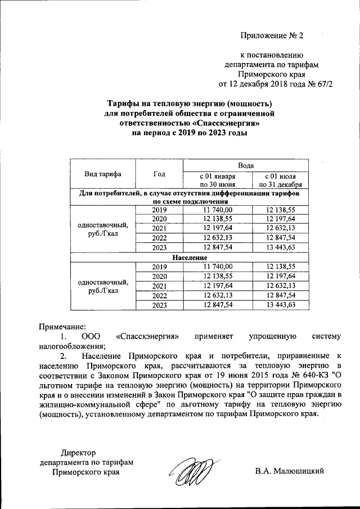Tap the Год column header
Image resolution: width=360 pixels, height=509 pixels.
tap(160, 174)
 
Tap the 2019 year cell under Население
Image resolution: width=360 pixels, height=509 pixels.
tap(160, 267)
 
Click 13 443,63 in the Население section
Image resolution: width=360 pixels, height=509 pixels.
tap(280, 305)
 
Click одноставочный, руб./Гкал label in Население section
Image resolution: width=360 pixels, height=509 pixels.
tap(103, 286)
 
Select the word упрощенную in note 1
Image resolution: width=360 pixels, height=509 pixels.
tap(273, 336)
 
